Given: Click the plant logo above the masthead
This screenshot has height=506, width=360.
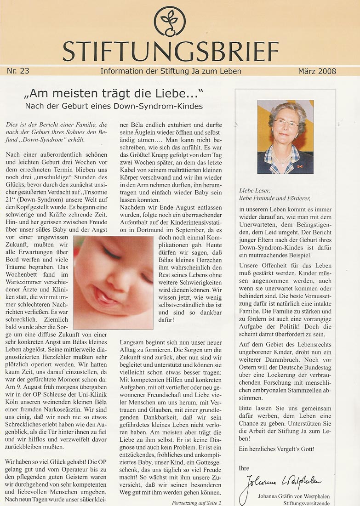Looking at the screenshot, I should [170, 21].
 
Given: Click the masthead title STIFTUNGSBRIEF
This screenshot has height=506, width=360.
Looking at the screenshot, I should [171, 51].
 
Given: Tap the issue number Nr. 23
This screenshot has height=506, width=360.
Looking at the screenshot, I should [18, 71].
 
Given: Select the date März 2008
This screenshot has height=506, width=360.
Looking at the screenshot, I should [317, 71].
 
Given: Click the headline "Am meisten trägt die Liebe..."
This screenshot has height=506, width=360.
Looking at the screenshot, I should [114, 96].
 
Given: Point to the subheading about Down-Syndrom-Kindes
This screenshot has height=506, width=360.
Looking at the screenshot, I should [114, 106].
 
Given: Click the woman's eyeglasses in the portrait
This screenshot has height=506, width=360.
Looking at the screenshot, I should [286, 123].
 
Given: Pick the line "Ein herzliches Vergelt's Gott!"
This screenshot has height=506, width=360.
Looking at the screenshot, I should [277, 449].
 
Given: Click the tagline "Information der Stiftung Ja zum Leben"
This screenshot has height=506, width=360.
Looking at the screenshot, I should [171, 71].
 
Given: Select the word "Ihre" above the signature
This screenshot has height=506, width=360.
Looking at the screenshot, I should [244, 468].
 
